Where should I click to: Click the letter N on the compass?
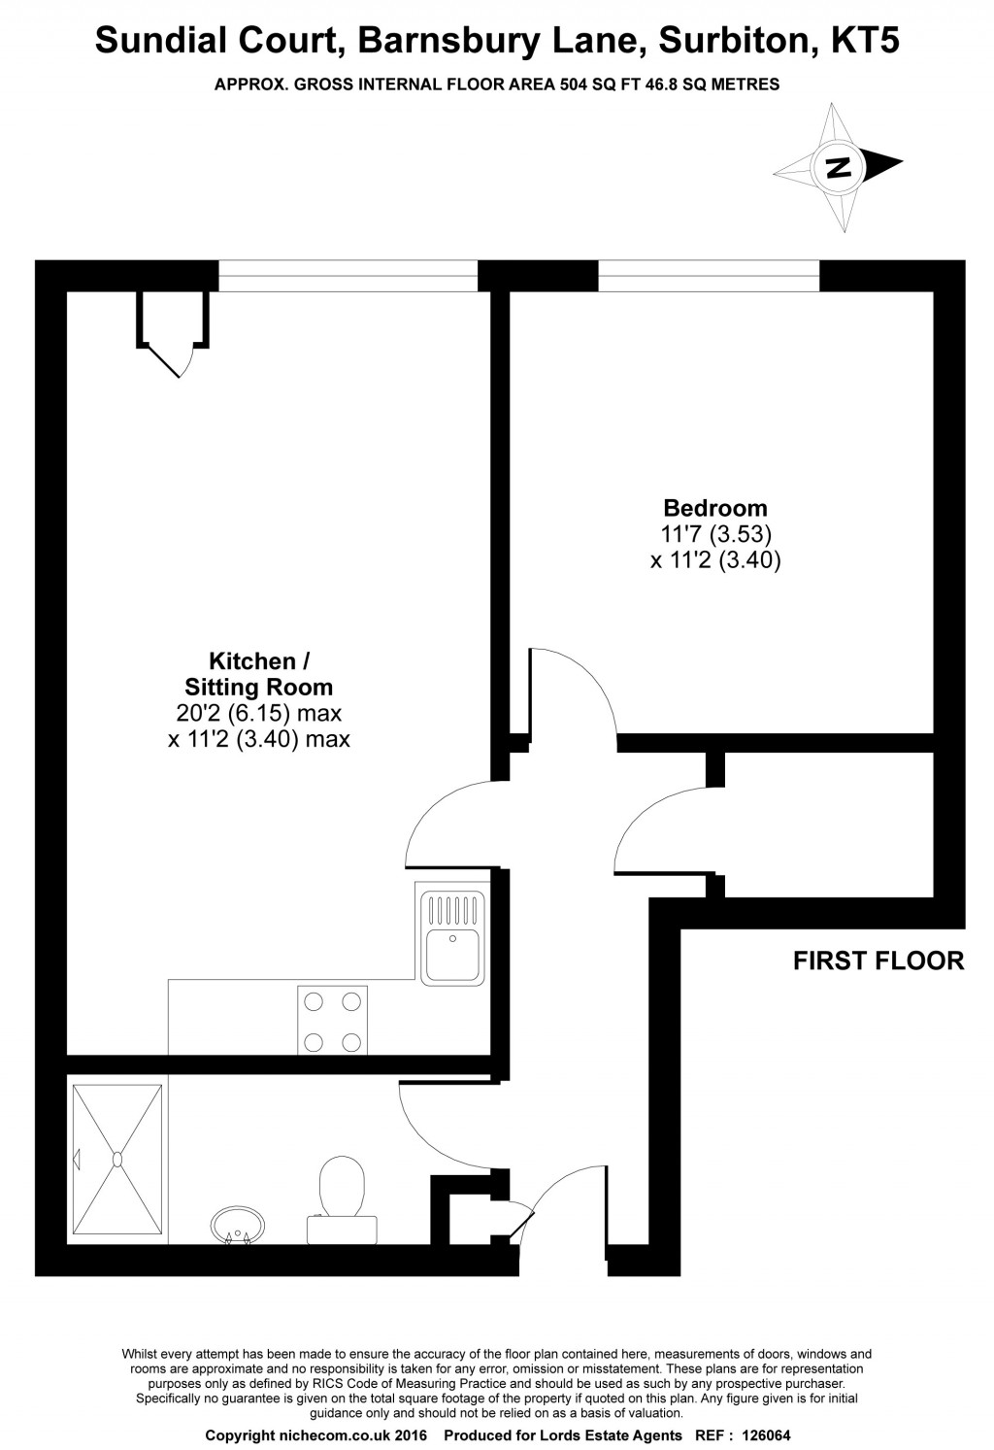click(x=838, y=167)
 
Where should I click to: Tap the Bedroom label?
click(x=715, y=508)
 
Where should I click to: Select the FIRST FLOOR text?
click(x=878, y=961)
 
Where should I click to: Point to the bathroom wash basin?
click(x=238, y=1225)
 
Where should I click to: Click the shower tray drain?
click(x=117, y=1159)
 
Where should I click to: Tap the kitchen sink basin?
click(x=451, y=953)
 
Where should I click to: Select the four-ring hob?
click(x=332, y=1020)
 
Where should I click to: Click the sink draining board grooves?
click(x=451, y=910)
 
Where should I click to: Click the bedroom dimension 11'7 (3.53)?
click(x=715, y=534)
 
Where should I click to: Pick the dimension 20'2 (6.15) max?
click(x=258, y=713)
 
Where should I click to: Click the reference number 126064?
click(x=766, y=1435)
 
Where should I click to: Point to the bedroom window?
click(x=709, y=276)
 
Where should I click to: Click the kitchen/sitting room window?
click(x=348, y=276)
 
